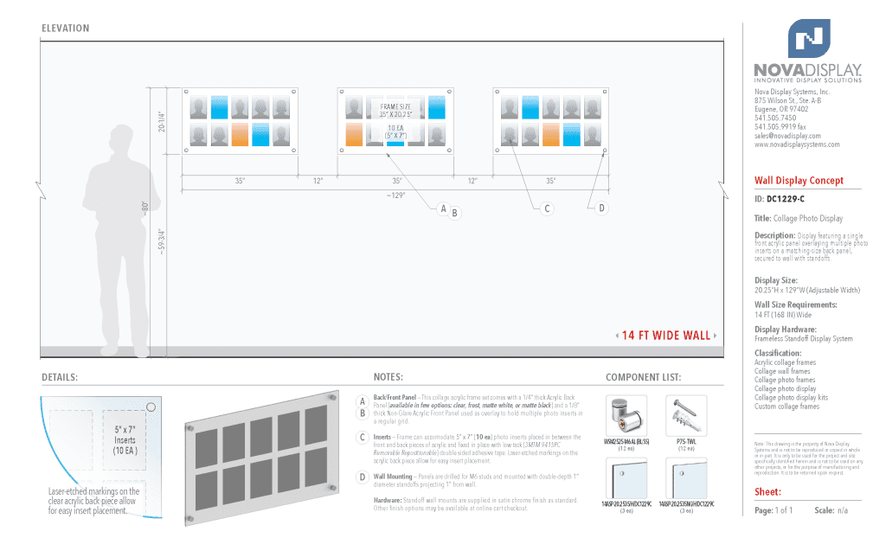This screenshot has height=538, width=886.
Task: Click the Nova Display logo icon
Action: (x=808, y=40)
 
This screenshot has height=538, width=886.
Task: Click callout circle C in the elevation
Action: (x=547, y=208)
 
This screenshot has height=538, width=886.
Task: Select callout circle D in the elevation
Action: (x=602, y=208)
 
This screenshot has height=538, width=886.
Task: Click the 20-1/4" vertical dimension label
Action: (x=162, y=121)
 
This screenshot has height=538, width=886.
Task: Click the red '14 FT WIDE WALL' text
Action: (x=665, y=336)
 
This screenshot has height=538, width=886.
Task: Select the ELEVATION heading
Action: (x=65, y=29)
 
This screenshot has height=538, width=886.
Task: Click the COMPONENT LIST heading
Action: (x=643, y=377)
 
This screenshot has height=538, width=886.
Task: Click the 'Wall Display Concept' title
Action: (x=798, y=181)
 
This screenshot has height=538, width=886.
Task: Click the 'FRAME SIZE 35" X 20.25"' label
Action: (x=395, y=111)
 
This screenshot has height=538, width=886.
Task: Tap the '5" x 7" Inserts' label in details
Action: (x=125, y=439)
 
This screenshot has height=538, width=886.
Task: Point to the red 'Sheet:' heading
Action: (x=768, y=492)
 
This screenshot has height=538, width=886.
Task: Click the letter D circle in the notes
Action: (x=362, y=477)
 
